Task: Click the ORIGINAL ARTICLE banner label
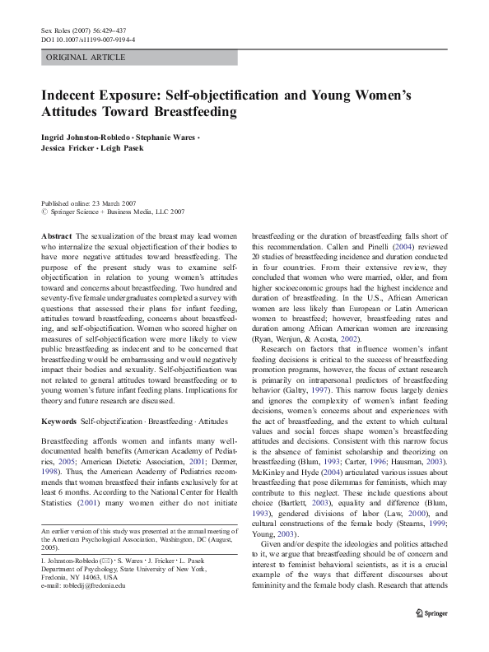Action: [86, 58]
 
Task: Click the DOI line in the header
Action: [89, 39]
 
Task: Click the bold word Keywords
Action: [59, 421]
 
